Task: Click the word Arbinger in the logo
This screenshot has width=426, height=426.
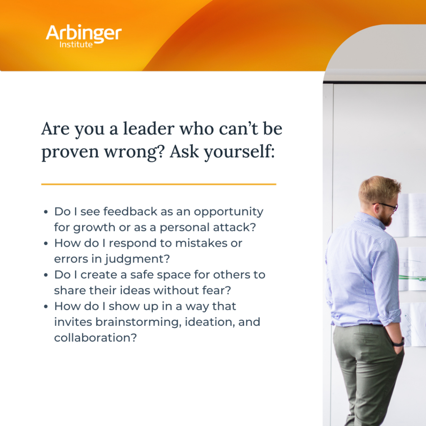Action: click(84, 33)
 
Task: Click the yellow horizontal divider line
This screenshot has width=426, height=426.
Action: click(159, 184)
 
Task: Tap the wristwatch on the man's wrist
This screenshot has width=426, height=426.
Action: click(399, 343)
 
